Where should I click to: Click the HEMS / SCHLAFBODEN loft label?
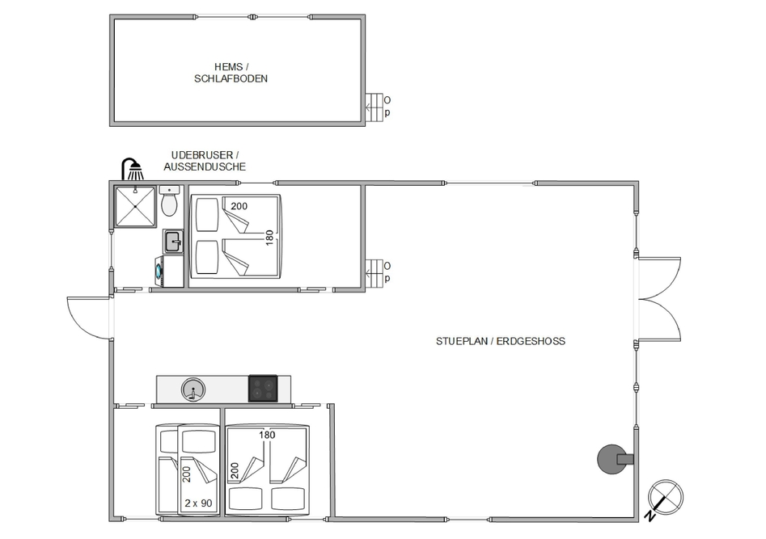(231, 73)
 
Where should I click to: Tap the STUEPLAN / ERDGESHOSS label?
(500, 341)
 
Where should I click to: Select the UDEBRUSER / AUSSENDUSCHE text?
(205, 161)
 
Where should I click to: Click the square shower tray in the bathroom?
(134, 206)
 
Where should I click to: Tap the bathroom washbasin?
(173, 241)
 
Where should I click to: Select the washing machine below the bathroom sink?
(169, 272)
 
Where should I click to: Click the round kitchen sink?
(193, 390)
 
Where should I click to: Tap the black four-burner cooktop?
(263, 389)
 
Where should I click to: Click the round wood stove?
(615, 459)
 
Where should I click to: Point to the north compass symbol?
(664, 499)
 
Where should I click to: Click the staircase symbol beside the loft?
(375, 107)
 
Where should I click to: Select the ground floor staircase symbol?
(375, 273)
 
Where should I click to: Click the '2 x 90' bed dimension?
(198, 503)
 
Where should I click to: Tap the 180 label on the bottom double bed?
(267, 435)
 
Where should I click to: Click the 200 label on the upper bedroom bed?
(239, 206)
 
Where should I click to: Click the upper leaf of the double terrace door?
(659, 278)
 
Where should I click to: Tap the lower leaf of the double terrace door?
(659, 320)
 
